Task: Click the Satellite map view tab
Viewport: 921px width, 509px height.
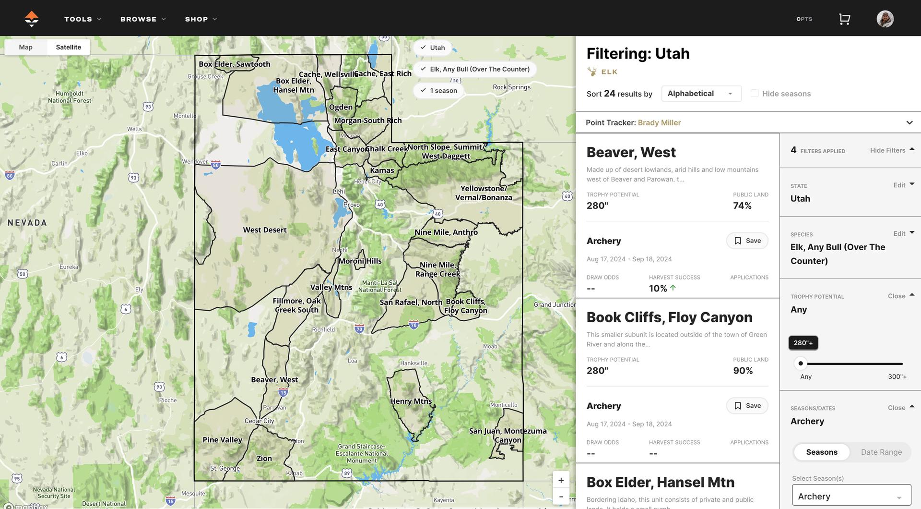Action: click(x=68, y=47)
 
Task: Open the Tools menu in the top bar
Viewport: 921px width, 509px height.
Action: click(x=83, y=19)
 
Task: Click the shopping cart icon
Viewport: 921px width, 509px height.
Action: click(x=844, y=19)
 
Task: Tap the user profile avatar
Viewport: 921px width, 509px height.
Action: click(x=885, y=19)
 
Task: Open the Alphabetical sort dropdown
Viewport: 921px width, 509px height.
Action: click(x=701, y=94)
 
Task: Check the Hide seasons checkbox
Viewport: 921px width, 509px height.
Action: click(x=755, y=93)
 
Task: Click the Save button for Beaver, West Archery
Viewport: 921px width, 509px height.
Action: click(x=747, y=241)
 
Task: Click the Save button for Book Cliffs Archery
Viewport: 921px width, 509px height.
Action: click(x=747, y=406)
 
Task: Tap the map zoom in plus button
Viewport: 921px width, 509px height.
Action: click(x=561, y=480)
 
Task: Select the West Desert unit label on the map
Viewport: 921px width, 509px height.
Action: click(x=265, y=230)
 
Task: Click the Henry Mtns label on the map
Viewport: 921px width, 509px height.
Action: click(x=411, y=401)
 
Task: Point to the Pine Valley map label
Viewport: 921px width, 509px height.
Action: click(x=222, y=440)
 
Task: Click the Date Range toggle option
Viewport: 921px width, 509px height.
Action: click(x=881, y=452)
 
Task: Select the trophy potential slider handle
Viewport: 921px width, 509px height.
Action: click(x=801, y=364)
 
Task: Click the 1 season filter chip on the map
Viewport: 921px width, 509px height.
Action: click(x=438, y=91)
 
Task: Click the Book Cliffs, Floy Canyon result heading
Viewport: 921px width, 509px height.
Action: click(x=669, y=317)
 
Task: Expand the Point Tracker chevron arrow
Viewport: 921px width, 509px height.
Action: click(x=909, y=122)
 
